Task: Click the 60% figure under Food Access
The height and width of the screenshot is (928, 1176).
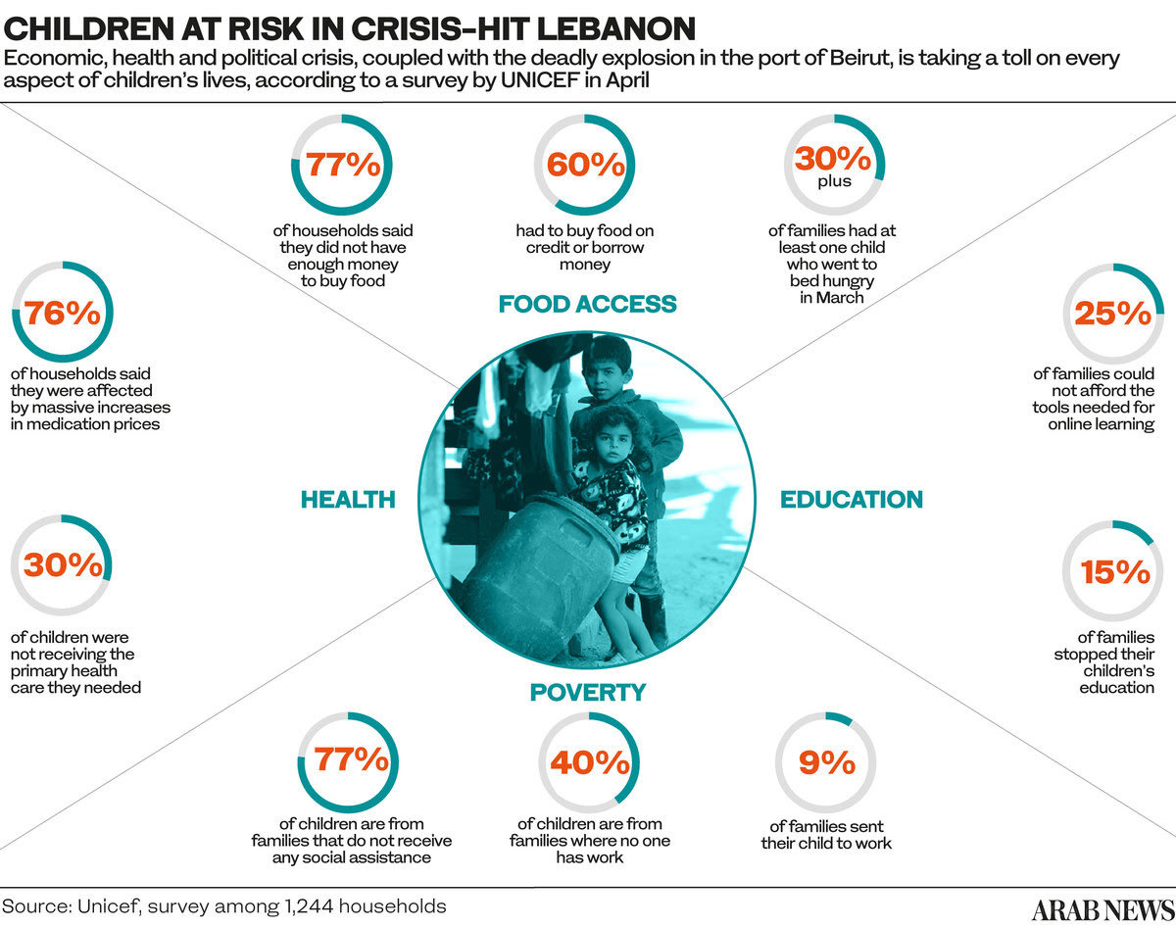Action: pyautogui.click(x=586, y=164)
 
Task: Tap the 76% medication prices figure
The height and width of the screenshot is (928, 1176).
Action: pyautogui.click(x=63, y=314)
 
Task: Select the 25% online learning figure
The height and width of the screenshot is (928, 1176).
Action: pyautogui.click(x=1112, y=314)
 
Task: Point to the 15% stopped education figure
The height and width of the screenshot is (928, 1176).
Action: pyautogui.click(x=1115, y=572)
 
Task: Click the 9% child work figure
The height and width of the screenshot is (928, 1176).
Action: pyautogui.click(x=826, y=762)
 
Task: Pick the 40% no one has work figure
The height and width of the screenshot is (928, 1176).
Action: pyautogui.click(x=590, y=762)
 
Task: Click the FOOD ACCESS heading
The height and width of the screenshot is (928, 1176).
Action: pyautogui.click(x=587, y=304)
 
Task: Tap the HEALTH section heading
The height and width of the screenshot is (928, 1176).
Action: pyautogui.click(x=348, y=500)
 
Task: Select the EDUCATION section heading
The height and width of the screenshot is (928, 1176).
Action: pyautogui.click(x=852, y=500)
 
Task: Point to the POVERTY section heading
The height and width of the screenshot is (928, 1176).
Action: pyautogui.click(x=588, y=693)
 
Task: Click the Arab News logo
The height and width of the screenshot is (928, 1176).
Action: pyautogui.click(x=1102, y=910)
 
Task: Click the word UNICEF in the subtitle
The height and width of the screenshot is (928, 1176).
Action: pyautogui.click(x=540, y=80)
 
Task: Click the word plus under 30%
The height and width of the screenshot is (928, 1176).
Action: pyautogui.click(x=834, y=181)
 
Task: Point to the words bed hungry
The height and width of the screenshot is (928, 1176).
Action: pyautogui.click(x=832, y=281)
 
